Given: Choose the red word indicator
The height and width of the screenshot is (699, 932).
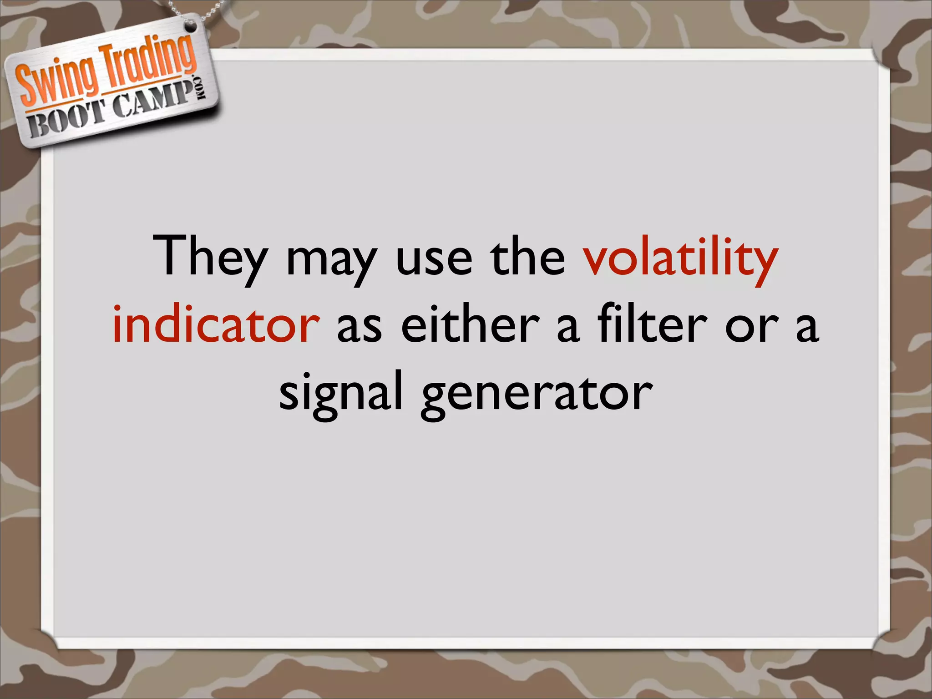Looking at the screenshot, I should [x=216, y=324].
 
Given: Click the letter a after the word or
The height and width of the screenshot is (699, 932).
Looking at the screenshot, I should [x=807, y=329].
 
